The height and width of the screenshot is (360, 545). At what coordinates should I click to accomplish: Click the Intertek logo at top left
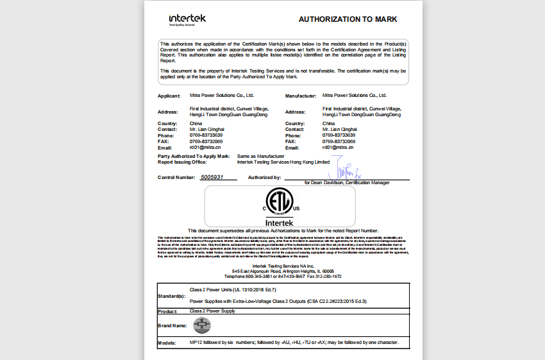(187, 19)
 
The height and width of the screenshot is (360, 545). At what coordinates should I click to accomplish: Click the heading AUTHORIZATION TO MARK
(348, 19)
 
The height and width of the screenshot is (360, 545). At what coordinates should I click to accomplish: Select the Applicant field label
(169, 96)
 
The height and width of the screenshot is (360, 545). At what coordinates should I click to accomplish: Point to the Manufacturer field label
(301, 96)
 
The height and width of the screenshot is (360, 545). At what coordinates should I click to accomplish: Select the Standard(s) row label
(171, 296)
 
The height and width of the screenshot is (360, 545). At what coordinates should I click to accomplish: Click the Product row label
(167, 311)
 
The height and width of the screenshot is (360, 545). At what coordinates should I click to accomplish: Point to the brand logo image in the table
(202, 325)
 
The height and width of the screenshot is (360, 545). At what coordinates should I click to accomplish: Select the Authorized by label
(265, 177)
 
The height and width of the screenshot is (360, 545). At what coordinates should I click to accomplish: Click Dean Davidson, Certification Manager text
(346, 183)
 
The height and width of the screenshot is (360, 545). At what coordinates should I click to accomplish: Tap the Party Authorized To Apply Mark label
(194, 156)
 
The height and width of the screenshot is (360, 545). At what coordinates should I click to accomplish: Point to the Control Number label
(176, 177)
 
